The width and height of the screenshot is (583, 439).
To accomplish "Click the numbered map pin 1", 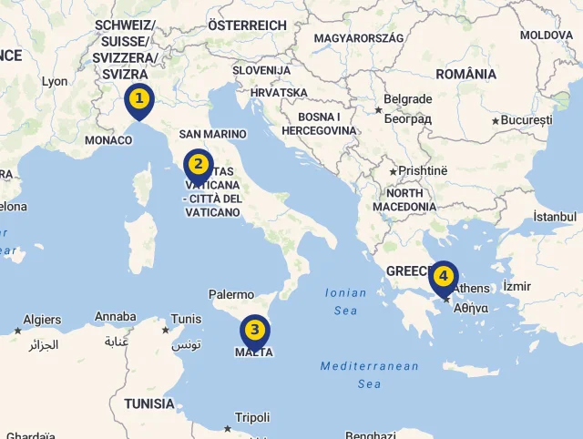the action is tap(138, 98).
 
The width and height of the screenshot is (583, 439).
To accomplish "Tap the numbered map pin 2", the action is tap(198, 166).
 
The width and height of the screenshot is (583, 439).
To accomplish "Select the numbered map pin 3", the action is tap(254, 331).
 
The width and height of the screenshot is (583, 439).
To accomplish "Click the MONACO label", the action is tap(108, 140).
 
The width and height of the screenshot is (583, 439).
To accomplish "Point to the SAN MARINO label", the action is tap(212, 134).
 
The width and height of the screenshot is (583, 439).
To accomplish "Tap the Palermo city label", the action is tap(231, 294).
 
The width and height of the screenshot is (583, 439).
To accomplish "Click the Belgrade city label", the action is tap(407, 99).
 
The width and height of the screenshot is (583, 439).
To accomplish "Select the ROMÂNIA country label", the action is tap(466, 73).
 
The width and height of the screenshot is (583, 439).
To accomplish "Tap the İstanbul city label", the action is tap(555, 217).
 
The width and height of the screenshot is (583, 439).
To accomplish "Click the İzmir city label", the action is tap(516, 286).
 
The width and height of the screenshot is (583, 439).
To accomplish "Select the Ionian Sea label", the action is tap(346, 301).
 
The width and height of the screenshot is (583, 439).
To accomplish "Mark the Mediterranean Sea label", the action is tap(369, 374).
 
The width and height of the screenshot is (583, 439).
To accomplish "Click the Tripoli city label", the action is tap(252, 417).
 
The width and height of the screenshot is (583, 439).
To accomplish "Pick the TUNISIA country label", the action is tap(149, 403).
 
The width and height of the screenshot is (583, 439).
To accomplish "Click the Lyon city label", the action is tap(55, 81).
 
